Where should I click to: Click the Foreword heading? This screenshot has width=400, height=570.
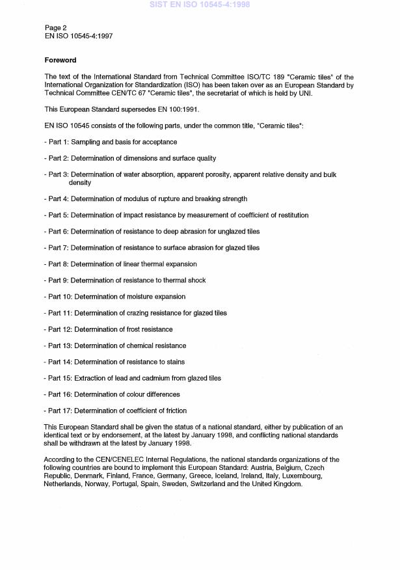point(60,61)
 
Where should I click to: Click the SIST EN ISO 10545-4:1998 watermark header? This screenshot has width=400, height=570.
point(200,5)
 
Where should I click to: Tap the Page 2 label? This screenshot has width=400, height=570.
point(55,28)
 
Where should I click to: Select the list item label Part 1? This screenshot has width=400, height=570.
point(58,142)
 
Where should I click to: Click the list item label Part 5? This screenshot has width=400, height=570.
point(58,215)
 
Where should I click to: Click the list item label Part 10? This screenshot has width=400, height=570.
point(60,297)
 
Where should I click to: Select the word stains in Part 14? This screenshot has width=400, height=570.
point(175,362)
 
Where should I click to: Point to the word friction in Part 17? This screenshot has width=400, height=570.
point(174,411)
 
